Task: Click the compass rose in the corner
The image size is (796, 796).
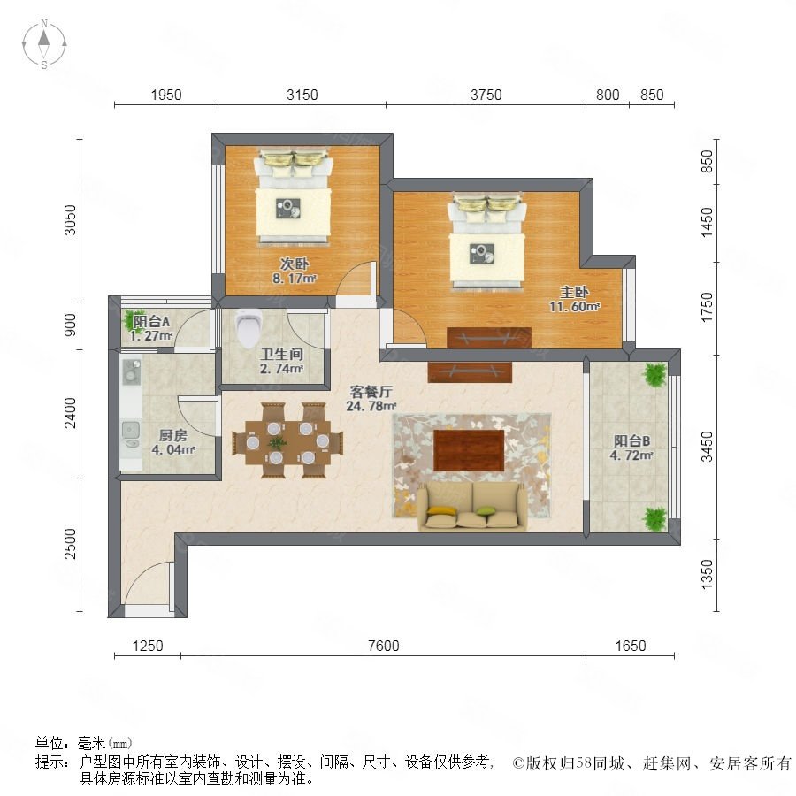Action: click(44, 43)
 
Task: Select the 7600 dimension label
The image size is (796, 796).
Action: click(383, 646)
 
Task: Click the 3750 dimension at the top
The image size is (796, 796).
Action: click(486, 95)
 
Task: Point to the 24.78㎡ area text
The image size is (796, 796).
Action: click(371, 406)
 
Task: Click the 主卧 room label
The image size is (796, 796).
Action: click(574, 292)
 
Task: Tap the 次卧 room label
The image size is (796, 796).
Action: click(295, 264)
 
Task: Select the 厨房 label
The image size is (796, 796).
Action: click(173, 435)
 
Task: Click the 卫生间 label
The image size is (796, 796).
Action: click(282, 354)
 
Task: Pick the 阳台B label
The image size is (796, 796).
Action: click(631, 440)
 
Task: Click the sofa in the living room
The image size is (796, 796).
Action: click(472, 506)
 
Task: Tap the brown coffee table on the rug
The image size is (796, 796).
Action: click(469, 450)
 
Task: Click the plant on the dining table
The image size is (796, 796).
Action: click(277, 442)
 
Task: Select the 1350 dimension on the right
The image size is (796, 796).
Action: click(707, 575)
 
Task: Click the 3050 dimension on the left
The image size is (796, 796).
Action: click(70, 220)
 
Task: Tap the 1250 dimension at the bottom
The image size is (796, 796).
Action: click(148, 646)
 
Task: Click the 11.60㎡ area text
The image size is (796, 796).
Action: click(574, 307)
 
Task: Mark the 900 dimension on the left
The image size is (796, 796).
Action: click(70, 325)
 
